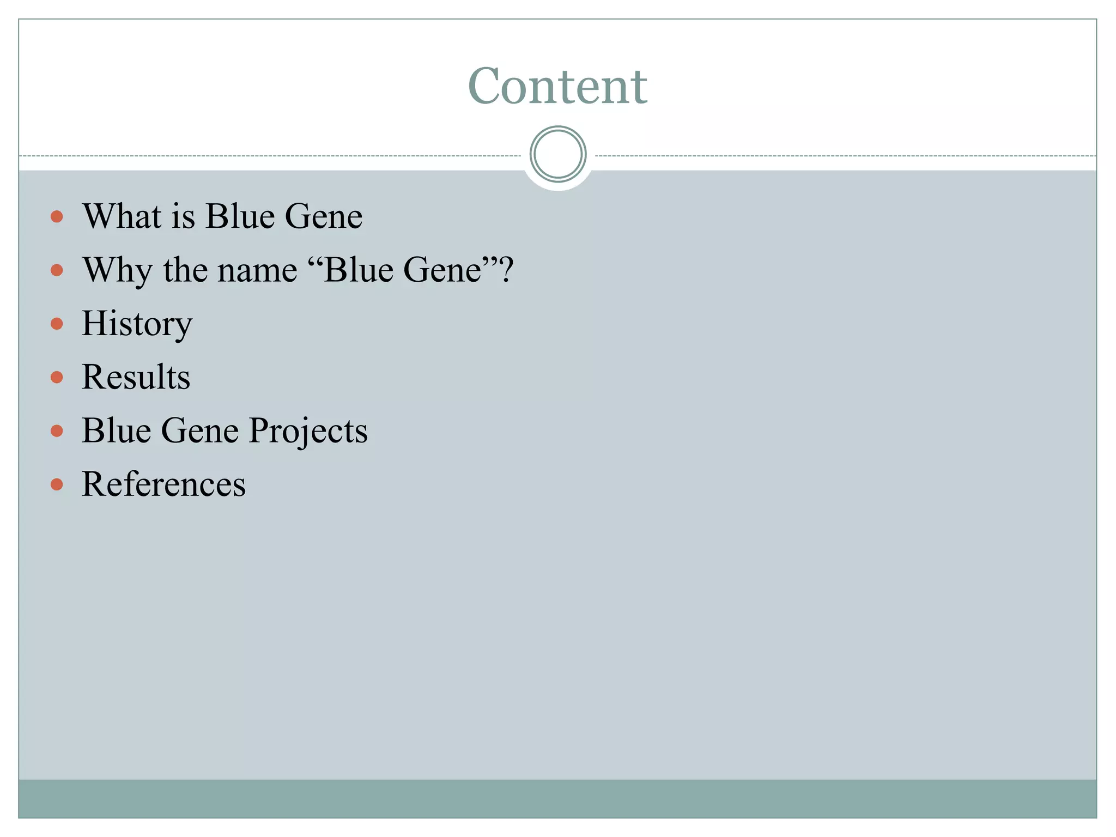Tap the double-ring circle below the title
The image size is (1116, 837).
pos(557,154)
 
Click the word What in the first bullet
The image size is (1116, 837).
pos(122,216)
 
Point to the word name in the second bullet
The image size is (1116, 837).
pos(257,270)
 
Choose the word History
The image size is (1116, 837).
pos(137,324)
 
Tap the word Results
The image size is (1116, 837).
pos(136,377)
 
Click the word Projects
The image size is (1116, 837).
pos(308,431)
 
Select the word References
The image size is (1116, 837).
pos(163,484)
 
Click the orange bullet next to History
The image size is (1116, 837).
pos(57,324)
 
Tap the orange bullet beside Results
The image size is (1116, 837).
pos(57,377)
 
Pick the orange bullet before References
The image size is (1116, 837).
pos(57,484)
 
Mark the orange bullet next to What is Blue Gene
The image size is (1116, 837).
pos(57,217)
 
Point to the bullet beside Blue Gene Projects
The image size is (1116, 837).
pos(57,431)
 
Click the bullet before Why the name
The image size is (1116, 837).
pos(57,270)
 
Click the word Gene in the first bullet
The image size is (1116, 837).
pos(323,216)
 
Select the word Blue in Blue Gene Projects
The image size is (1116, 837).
pos(116,430)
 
